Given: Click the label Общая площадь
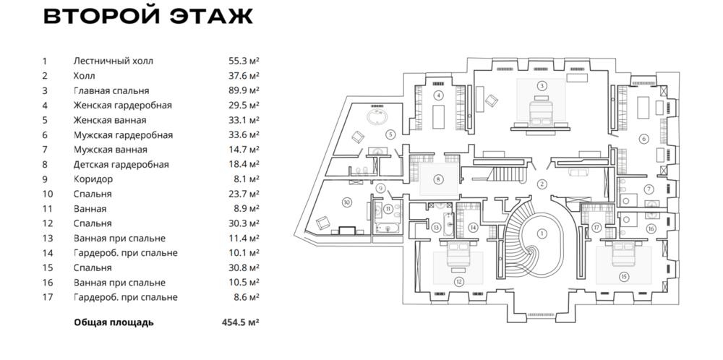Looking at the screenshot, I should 114,322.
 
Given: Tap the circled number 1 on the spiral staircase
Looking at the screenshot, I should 540,233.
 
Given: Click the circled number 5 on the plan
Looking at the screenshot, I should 390,134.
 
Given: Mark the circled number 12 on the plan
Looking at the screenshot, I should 458,281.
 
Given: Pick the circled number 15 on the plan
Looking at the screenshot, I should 623,275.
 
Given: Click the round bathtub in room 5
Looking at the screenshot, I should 377,117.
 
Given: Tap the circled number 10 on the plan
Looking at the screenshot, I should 346,202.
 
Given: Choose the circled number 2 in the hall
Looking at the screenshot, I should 541,184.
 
